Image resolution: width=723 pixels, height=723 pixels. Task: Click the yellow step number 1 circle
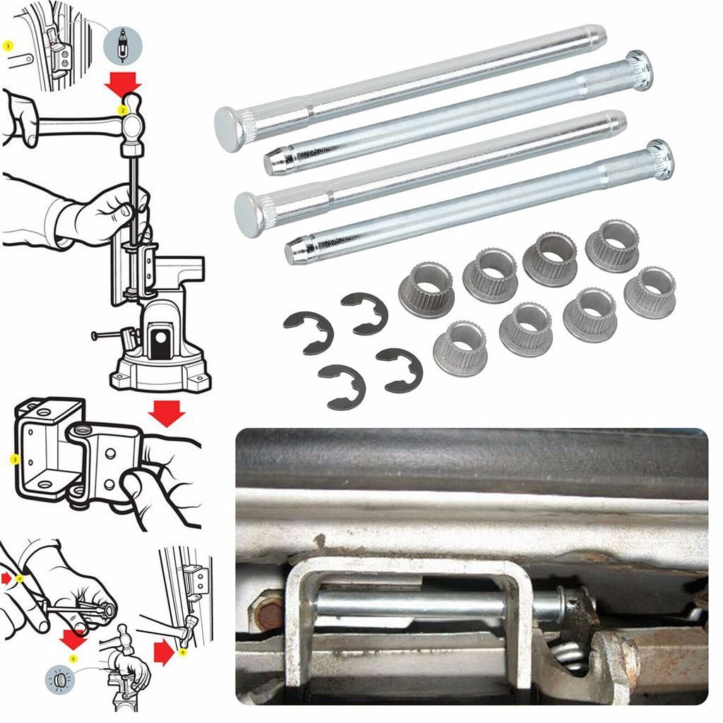8,45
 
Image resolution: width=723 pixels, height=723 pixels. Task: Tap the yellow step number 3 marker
14,459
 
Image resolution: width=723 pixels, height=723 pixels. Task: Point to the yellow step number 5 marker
72,659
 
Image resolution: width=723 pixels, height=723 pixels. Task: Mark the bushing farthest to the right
650,292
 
